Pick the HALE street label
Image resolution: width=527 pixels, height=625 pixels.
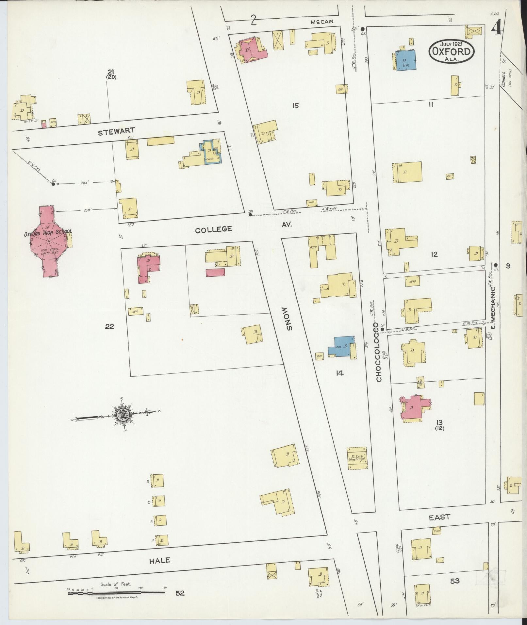coord(160,560)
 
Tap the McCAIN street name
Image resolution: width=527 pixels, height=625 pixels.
coord(322,22)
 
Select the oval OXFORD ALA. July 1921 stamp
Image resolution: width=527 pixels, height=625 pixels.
coord(452,51)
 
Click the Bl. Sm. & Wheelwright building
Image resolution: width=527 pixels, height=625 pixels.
coord(356,458)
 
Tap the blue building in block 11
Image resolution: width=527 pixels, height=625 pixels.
coord(405,60)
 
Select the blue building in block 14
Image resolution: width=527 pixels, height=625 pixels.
coord(342,346)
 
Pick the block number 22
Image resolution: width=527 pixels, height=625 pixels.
coord(109,326)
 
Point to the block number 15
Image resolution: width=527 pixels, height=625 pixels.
coord(295,106)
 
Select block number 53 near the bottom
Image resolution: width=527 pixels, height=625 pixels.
coord(454,581)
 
